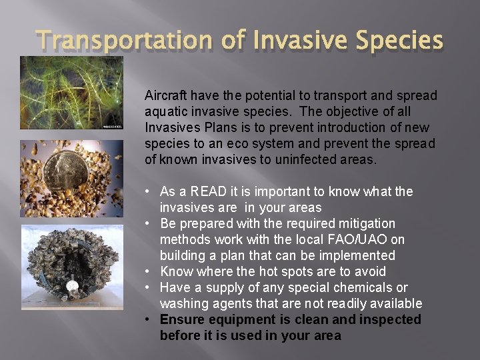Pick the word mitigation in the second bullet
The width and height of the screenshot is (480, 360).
[363, 223]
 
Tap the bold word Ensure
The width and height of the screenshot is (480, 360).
[181, 319]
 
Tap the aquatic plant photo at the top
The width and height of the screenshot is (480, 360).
[71, 93]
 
